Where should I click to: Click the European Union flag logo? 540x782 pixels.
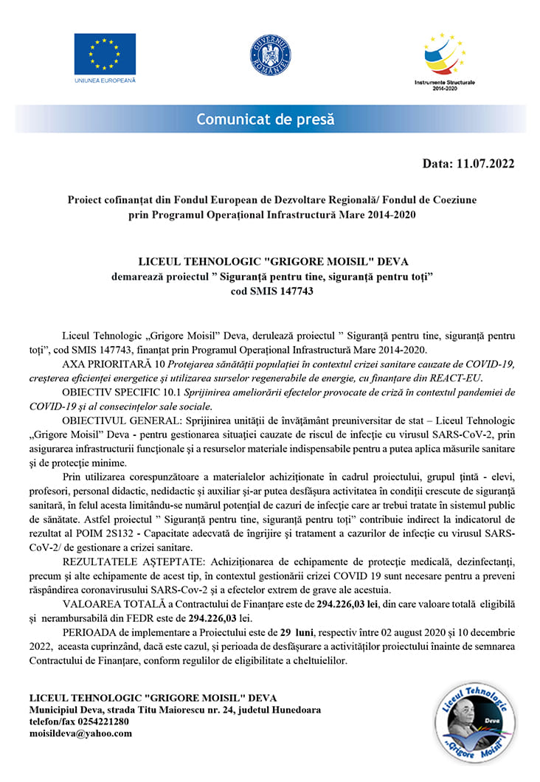(x=104, y=53)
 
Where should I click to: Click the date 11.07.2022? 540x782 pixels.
(x=485, y=163)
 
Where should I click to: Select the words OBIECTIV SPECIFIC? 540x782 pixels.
(x=110, y=391)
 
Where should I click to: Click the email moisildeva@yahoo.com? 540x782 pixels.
(x=80, y=734)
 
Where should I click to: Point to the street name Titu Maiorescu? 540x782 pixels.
(x=160, y=710)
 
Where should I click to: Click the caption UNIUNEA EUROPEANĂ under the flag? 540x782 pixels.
(x=105, y=80)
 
